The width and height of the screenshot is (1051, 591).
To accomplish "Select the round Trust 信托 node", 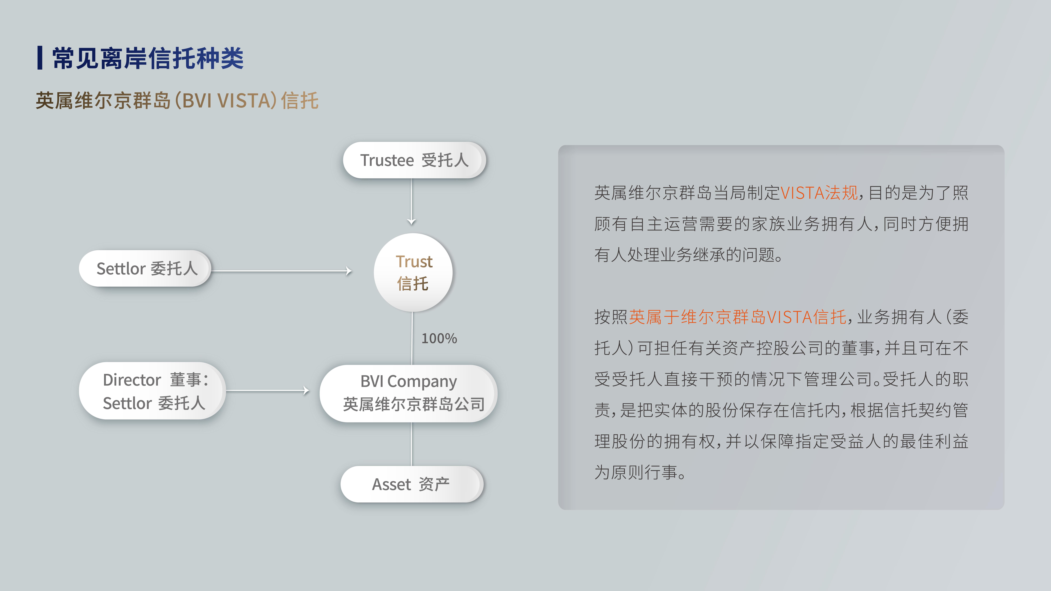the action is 413,273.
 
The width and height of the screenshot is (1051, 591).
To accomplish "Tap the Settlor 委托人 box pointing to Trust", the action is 145,268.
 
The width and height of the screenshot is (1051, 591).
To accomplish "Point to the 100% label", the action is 439,338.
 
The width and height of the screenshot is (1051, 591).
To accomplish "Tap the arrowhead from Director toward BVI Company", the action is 306,391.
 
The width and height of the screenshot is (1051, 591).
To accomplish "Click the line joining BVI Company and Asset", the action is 412,444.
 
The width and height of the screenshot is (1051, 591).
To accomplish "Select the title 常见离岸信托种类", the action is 148,58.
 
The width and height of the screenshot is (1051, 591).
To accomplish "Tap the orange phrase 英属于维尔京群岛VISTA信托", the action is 738,317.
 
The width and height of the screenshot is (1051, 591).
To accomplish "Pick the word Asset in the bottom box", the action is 391,484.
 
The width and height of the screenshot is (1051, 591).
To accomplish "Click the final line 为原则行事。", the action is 640,472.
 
